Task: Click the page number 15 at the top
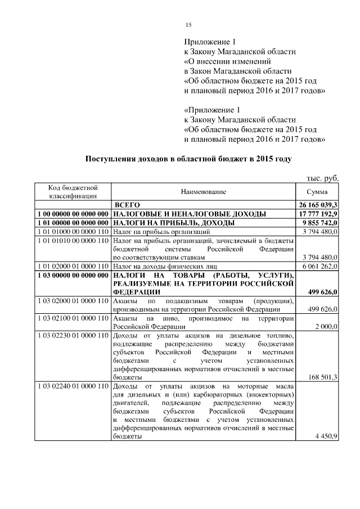pyautogui.click(x=189, y=24)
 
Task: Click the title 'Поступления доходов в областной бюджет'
pyautogui.click(x=188, y=159)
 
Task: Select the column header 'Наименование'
pyautogui.click(x=203, y=192)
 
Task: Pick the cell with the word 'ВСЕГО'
pyautogui.click(x=127, y=205)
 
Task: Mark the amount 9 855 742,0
pyautogui.click(x=320, y=223)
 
